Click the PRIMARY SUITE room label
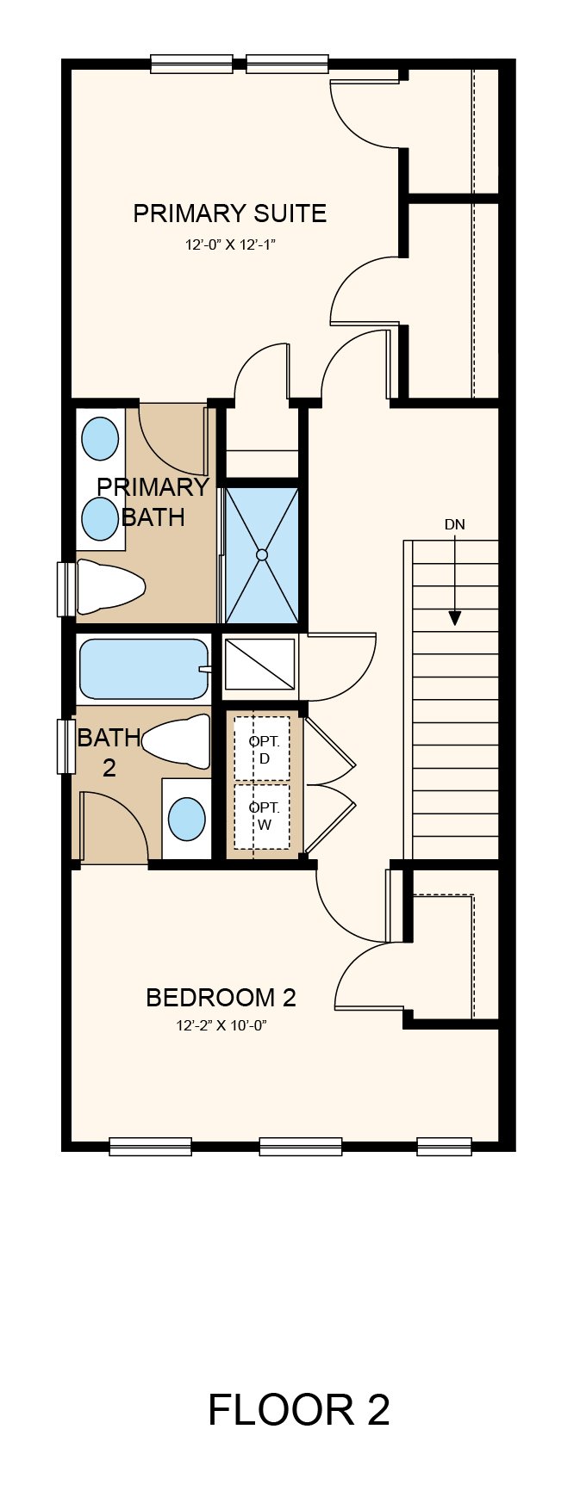pyautogui.click(x=229, y=213)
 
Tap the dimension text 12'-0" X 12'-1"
pyautogui.click(x=230, y=245)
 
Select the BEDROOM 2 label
pyautogui.click(x=221, y=998)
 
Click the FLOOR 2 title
pyautogui.click(x=298, y=1410)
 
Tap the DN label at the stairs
pyautogui.click(x=454, y=524)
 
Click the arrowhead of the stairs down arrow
pyautogui.click(x=454, y=618)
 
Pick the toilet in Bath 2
pyautogui.click(x=177, y=741)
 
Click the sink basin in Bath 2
pyautogui.click(x=186, y=819)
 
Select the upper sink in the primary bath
pyautogui.click(x=100, y=439)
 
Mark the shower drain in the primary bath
pyautogui.click(x=262, y=555)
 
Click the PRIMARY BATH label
pyautogui.click(x=153, y=502)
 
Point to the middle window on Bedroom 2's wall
pyautogui.click(x=300, y=1146)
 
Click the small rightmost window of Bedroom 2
pyautogui.click(x=444, y=1146)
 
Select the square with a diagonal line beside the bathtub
pyautogui.click(x=259, y=664)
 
